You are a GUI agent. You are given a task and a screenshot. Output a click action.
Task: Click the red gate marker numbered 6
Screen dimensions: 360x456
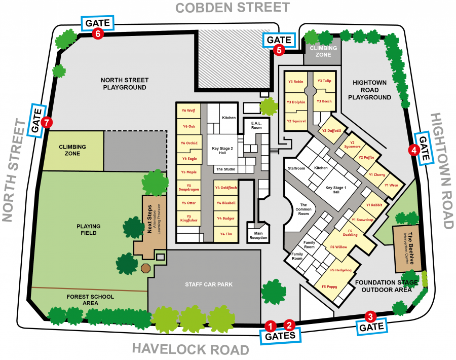point(98,34)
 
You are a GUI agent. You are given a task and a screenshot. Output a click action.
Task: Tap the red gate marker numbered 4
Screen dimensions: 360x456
point(414,150)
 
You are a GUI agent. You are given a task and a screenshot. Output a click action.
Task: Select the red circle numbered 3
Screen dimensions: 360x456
point(371,317)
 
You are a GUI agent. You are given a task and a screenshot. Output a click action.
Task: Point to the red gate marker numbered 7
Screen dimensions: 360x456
point(47,122)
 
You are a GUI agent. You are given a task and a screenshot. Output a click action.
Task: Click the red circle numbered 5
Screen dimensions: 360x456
point(278,50)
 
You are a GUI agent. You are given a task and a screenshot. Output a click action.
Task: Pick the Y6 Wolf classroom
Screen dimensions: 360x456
point(188,111)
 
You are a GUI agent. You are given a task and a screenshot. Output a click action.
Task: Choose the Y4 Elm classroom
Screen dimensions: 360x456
point(226,234)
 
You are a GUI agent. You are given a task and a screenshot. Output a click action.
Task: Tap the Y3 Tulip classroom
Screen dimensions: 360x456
point(324,81)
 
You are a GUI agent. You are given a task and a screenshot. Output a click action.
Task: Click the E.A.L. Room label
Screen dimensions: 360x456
point(256,125)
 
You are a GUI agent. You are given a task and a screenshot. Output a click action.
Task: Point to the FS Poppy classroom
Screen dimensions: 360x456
point(329,287)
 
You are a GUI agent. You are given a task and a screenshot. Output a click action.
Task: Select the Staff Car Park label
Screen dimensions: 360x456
point(209,284)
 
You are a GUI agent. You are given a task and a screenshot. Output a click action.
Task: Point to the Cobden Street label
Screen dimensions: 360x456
point(233,8)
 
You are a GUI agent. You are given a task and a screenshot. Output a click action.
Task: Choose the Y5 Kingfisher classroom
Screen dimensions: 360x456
point(188,219)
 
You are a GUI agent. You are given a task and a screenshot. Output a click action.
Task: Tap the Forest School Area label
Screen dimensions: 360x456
point(90,300)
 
